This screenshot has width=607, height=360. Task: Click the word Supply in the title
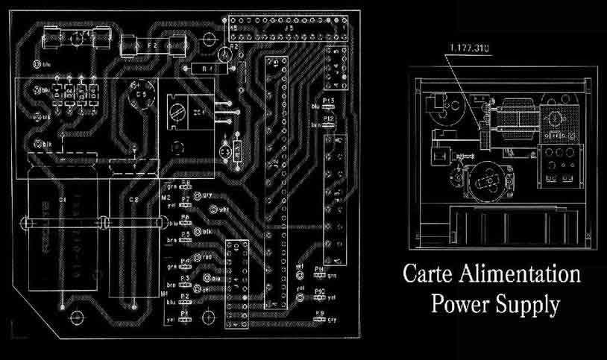[532, 304]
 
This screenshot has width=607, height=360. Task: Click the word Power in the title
[464, 304]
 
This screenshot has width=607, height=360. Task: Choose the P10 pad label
[319, 290]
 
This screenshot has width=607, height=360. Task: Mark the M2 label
[166, 199]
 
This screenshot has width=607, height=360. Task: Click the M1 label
[165, 294]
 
